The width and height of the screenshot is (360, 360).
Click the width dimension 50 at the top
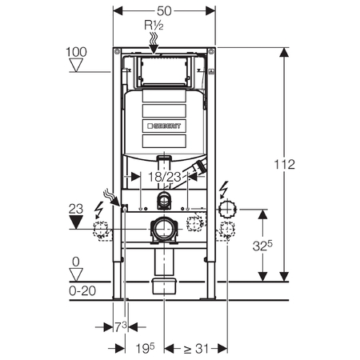click(x=164, y=11)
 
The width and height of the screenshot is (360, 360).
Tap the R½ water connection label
click(x=154, y=26)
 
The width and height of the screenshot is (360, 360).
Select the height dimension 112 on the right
click(x=285, y=164)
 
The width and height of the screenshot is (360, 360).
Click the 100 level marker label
click(x=76, y=52)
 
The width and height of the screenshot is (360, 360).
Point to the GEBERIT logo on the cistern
click(x=164, y=126)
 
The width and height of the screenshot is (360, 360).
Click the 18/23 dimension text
click(x=165, y=177)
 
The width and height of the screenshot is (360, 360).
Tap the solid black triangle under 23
click(x=76, y=222)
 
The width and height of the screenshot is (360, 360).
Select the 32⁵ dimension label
click(x=262, y=246)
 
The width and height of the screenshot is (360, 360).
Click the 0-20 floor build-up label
click(x=82, y=290)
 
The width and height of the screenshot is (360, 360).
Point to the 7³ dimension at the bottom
click(x=121, y=326)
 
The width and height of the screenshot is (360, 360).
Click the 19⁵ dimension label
click(x=145, y=348)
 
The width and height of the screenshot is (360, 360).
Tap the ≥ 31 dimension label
click(x=196, y=348)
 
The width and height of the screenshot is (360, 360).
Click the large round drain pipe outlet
click(x=163, y=230)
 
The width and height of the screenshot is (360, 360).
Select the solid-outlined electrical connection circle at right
click(x=227, y=210)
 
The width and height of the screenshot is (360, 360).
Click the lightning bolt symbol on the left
click(x=99, y=210)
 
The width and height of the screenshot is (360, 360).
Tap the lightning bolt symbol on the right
click(x=224, y=190)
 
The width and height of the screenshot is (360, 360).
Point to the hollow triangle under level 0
click(x=76, y=274)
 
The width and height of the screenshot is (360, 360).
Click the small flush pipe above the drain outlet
click(x=163, y=201)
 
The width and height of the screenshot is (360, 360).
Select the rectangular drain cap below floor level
click(x=164, y=286)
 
